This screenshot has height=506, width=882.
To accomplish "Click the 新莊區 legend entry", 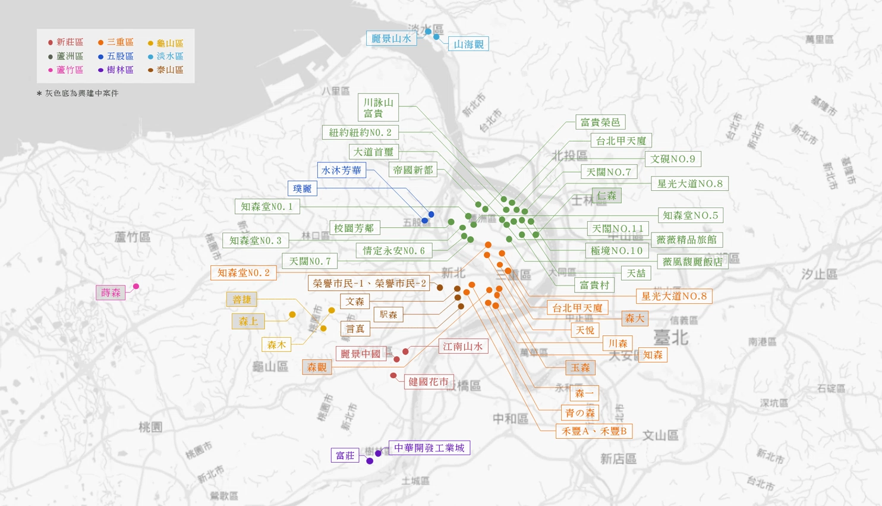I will tap(66, 42).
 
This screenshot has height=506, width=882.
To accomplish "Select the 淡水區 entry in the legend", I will tap(166, 56).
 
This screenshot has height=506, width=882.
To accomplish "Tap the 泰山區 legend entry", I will tap(166, 70).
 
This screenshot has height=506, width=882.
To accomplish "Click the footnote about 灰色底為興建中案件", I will tap(78, 93).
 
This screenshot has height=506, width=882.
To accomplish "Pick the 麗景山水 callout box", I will tap(391, 39).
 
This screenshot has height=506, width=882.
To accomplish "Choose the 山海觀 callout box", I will tap(468, 44).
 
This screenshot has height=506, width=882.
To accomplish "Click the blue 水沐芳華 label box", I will tap(341, 171).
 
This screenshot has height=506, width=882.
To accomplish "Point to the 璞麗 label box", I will tap(302, 188).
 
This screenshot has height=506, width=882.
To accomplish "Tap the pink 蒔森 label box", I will tap(111, 293).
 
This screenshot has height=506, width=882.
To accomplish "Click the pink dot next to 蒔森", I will tap(136, 287).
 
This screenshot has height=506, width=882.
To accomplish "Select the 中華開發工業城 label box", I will tap(429, 448).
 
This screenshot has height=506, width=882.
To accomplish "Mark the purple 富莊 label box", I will tap(345, 455).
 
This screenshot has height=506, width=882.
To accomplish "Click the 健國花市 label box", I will tap(428, 382).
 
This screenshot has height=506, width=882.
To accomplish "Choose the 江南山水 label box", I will tap(463, 346).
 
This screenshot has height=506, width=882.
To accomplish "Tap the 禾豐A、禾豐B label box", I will tap(594, 431).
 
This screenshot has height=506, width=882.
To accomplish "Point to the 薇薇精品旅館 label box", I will tap(686, 240).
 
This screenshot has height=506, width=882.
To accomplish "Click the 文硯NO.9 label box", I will tap(673, 159).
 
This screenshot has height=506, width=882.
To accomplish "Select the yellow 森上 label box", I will tap(248, 321).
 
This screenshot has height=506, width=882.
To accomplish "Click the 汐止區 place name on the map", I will tap(819, 274).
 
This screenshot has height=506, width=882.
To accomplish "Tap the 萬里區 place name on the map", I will tap(819, 39).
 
